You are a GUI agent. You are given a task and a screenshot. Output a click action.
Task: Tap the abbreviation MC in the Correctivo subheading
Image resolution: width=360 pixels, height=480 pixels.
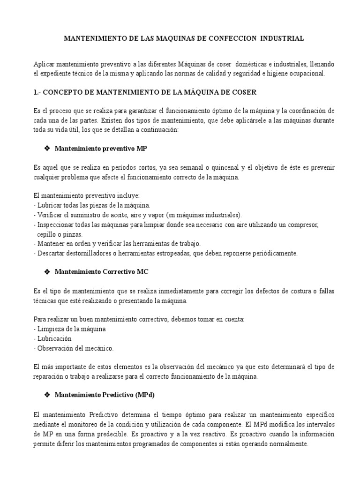pos(142,271)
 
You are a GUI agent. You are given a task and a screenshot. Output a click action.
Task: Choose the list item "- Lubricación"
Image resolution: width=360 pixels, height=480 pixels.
pos(53,338)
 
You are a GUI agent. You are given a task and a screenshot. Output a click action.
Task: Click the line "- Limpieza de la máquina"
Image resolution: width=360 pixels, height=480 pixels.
pos(70,329)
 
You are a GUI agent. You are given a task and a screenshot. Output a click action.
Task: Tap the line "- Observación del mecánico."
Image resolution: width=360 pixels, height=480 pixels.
pos(74,348)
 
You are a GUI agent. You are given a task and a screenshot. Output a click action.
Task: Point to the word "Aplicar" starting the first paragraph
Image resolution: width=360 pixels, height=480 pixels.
pos(44,64)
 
